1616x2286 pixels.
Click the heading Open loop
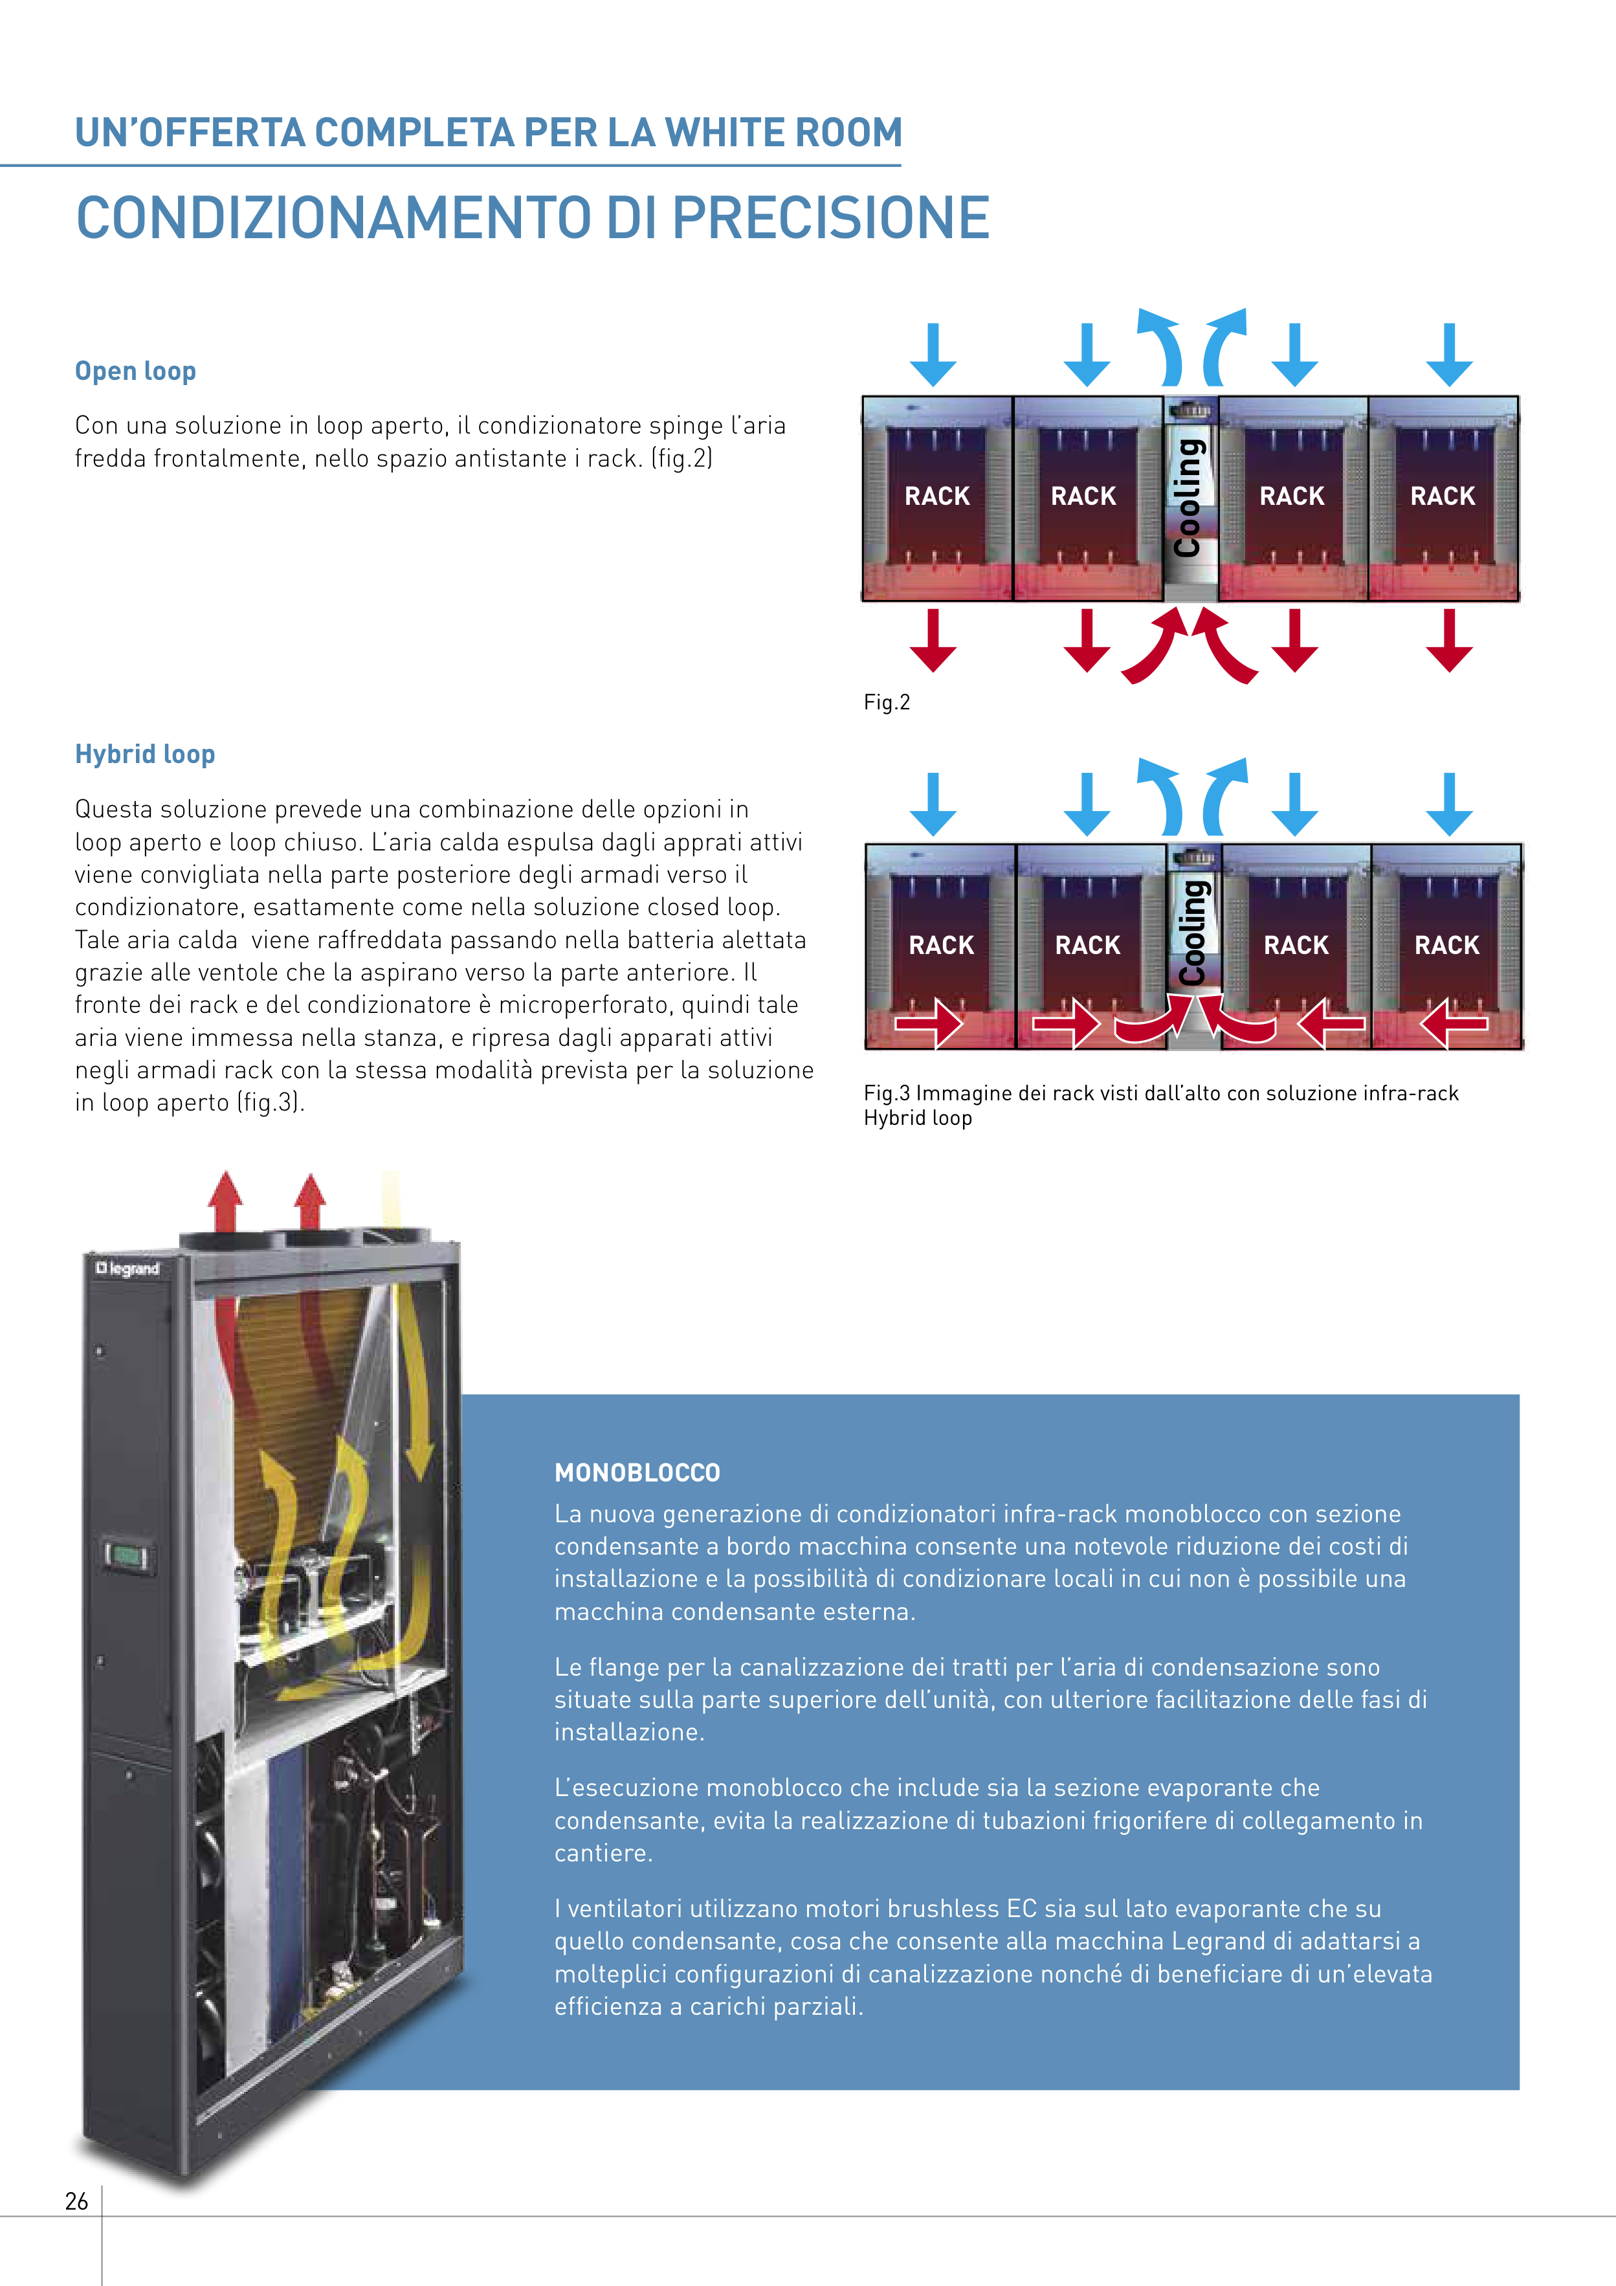coord(135,372)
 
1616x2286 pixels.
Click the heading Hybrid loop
coord(146,755)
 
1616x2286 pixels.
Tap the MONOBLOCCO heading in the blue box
coord(637,1472)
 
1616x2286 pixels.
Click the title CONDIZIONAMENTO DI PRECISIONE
coord(533,218)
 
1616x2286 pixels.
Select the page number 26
coord(76,2201)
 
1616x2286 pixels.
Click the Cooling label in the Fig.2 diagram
coord(1189,498)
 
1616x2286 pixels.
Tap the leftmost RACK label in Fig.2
coord(937,496)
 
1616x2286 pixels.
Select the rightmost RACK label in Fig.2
coord(1443,496)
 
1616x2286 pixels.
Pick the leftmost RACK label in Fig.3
coord(941,945)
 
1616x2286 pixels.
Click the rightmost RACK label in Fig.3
coord(1446,945)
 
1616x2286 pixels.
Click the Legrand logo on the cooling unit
coord(127,1269)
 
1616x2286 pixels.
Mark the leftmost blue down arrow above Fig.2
coord(933,355)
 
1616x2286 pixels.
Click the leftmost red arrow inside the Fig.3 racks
coord(929,1023)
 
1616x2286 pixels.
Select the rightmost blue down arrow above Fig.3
coord(1450,803)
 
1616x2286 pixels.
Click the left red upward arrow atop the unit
coord(226,1202)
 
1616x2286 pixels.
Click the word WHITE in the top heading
coord(726,133)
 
